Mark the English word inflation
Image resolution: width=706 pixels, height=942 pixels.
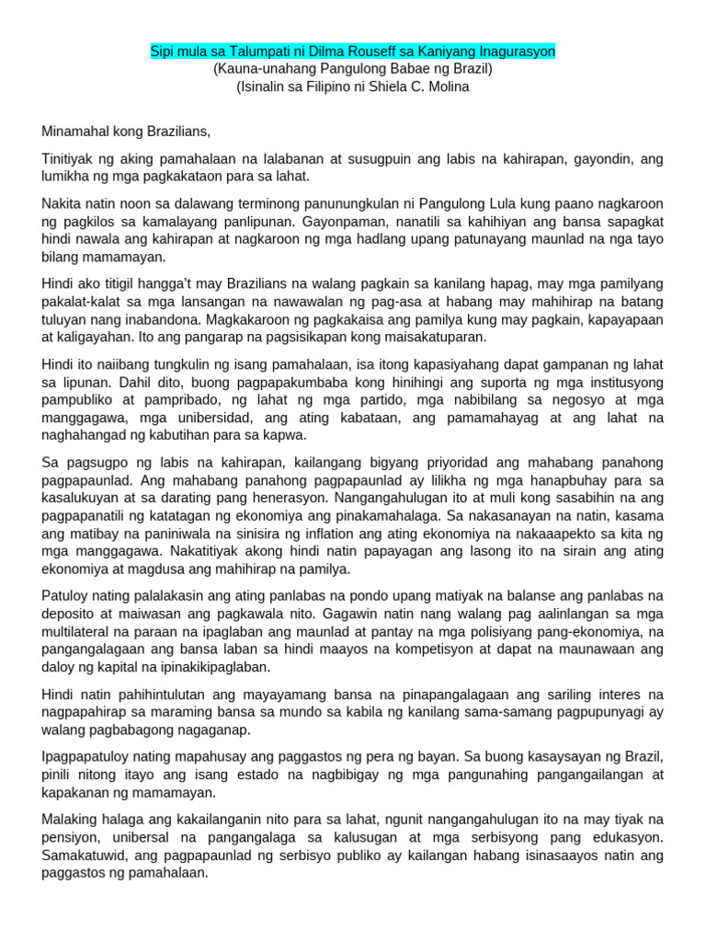pyautogui.click(x=363, y=534)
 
